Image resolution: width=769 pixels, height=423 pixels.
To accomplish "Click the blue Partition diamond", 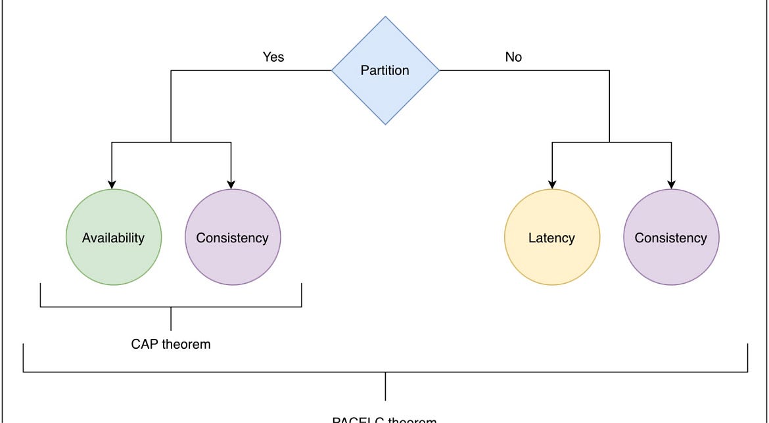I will click(385, 70).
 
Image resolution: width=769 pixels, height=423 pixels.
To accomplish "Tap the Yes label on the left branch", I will click(273, 57).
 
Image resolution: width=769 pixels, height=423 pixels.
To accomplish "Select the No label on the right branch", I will click(513, 57).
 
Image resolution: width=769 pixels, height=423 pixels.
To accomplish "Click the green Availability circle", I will click(113, 237).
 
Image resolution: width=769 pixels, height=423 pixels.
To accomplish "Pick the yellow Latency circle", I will click(551, 237).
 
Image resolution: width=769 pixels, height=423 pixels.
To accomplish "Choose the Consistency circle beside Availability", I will click(232, 237).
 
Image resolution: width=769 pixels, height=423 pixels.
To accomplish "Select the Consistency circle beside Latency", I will click(670, 237).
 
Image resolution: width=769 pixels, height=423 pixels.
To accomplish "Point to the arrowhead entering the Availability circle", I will click(112, 185).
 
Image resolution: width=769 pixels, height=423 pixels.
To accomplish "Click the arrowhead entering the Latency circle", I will click(551, 185).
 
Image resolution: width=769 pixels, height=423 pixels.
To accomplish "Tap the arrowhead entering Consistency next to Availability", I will click(231, 185).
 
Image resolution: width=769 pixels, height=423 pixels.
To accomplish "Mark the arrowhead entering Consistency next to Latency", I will click(671, 185).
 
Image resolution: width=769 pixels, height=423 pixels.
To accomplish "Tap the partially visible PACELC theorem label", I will click(384, 420).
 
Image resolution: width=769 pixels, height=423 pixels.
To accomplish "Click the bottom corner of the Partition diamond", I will click(385, 123).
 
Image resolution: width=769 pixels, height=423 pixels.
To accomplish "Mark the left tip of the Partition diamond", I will click(333, 70).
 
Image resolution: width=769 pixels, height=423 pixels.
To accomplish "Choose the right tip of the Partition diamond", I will click(438, 70).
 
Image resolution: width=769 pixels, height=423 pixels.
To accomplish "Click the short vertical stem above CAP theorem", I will click(171, 319).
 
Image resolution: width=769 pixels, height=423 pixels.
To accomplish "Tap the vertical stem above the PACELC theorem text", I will click(385, 386).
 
